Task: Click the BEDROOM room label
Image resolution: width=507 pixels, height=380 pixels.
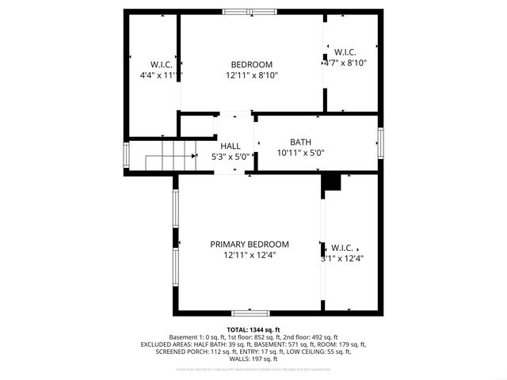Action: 251,65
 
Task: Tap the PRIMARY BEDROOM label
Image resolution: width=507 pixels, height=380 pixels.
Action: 250,245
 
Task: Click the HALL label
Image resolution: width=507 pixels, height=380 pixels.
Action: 231,146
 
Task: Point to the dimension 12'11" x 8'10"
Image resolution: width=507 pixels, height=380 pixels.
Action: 251,75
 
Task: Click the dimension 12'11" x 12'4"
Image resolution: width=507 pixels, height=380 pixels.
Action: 250,255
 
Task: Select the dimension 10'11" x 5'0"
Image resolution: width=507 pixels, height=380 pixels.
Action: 301,153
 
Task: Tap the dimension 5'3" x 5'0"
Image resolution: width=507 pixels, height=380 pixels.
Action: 231,157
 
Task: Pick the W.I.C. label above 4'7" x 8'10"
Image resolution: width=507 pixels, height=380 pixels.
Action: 345,51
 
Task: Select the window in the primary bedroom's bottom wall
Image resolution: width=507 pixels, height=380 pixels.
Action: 250,313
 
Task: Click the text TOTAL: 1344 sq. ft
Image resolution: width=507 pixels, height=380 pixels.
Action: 253,329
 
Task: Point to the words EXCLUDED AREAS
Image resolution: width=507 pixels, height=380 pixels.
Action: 167,344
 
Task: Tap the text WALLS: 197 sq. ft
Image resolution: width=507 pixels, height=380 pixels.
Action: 253,359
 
